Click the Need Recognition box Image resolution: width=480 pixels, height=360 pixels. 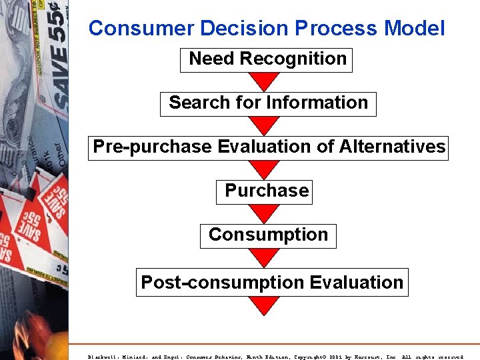(x=267, y=59)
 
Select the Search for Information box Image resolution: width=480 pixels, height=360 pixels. (x=268, y=103)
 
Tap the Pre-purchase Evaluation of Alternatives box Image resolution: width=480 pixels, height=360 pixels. (x=268, y=147)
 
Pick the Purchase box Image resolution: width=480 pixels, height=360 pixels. (x=265, y=191)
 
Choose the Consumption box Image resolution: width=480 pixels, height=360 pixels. (x=268, y=235)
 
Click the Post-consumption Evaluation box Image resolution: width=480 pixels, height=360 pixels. (x=271, y=283)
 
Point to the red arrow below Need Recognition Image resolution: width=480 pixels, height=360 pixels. (x=265, y=81)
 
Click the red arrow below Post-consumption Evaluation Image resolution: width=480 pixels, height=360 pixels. (x=265, y=305)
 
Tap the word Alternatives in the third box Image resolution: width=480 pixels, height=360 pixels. (x=392, y=147)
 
